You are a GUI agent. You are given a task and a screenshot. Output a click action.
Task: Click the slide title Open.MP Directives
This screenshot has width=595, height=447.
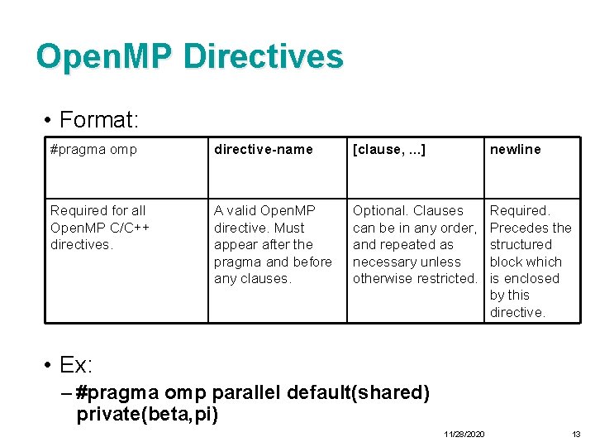pos(189,56)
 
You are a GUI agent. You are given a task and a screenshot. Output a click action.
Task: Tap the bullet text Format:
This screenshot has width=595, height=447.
pos(98,120)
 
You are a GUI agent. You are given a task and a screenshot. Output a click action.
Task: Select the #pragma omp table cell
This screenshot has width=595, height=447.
pos(93,150)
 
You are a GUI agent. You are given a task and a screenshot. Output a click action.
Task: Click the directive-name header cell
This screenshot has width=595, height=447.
pos(263,150)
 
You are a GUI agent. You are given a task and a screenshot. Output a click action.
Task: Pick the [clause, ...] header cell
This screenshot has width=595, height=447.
pos(388,150)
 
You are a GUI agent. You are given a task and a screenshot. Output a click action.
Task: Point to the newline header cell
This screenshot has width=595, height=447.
pos(515,150)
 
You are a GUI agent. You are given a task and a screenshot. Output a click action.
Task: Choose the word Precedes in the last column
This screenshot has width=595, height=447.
pos(516,228)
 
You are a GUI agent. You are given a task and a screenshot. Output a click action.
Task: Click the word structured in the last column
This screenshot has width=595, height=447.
pos(520,245)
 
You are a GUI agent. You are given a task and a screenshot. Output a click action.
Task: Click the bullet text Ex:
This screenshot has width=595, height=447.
pos(76,365)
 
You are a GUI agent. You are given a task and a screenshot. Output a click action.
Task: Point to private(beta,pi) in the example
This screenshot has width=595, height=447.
pos(147,414)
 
